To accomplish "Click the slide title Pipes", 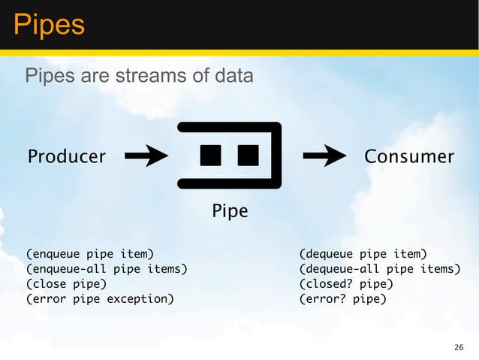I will coord(48,25).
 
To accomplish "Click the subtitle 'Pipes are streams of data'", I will coord(139,77).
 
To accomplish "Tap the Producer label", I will coord(67,157).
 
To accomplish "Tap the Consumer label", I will coord(408,157).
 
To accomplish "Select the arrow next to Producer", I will coord(146,156).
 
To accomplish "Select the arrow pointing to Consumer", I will coord(324,156).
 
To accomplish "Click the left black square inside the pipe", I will coord(210,156).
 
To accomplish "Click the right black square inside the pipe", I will coord(248,156).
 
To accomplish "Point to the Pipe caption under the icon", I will coord(229,212).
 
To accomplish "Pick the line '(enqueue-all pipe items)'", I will coord(107,269).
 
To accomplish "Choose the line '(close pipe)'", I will coord(66,284).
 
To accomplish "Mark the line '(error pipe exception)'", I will coord(99,299).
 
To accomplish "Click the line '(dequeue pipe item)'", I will coord(363,254).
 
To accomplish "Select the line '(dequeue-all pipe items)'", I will coord(379,269).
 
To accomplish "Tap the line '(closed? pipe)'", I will coord(345,284).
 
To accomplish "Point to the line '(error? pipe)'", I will coord(342,299).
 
